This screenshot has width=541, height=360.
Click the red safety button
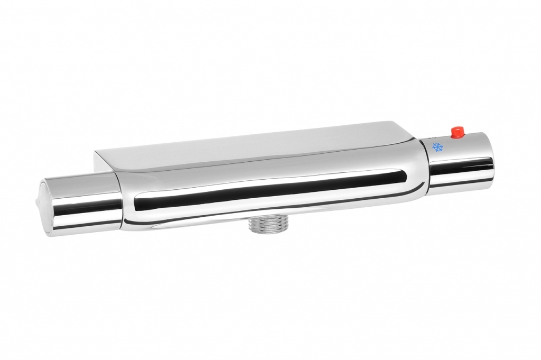pos(456,131)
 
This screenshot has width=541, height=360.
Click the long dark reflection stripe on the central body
pos(264,191)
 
